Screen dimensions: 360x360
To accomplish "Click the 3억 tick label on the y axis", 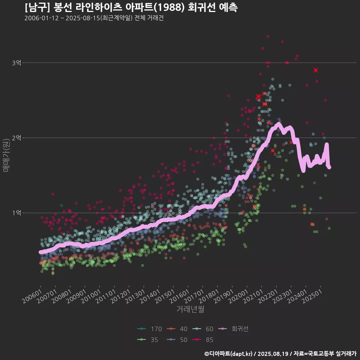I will [x=16, y=63].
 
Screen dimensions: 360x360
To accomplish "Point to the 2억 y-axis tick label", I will [x=16, y=138].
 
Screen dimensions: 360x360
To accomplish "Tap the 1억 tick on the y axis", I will [x=16, y=213].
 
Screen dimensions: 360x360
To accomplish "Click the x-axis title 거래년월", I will [x=190, y=310].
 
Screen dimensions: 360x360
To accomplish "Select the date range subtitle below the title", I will [x=94, y=18].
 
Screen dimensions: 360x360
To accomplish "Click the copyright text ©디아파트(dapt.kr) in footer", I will [x=229, y=354].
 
